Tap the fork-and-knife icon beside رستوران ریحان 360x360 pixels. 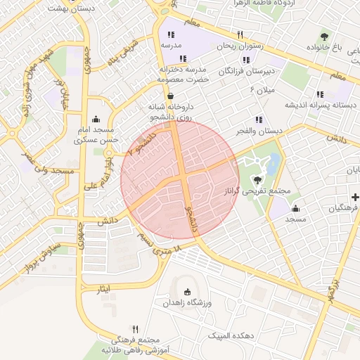[240, 34]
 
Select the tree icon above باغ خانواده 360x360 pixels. [324, 36]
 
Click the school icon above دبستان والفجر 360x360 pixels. [259, 120]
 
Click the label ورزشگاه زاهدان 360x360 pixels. [186, 302]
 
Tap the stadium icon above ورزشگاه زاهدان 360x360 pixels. [186, 292]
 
